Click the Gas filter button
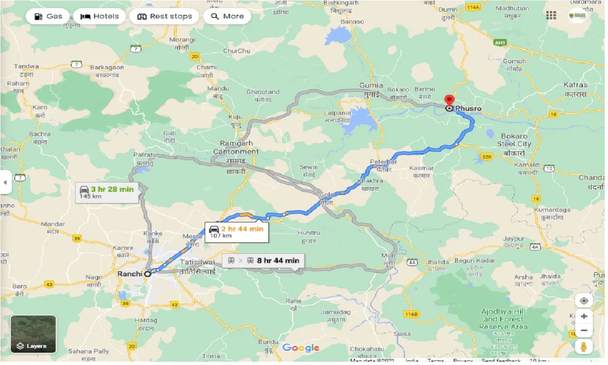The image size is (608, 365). pyautogui.click(x=47, y=16)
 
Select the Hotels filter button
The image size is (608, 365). pyautogui.click(x=99, y=16)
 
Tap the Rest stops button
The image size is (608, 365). pyautogui.click(x=164, y=16)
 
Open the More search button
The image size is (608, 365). pyautogui.click(x=227, y=16)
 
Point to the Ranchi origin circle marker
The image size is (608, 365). pyautogui.click(x=148, y=274)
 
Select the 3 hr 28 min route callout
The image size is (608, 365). pyautogui.click(x=107, y=192)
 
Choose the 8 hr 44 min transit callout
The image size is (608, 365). pyautogui.click(x=263, y=260)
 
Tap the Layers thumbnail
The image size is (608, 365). pyautogui.click(x=33, y=334)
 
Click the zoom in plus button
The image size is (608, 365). pyautogui.click(x=584, y=316)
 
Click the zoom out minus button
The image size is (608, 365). pyautogui.click(x=584, y=331)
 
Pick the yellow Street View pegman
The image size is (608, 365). pyautogui.click(x=584, y=347)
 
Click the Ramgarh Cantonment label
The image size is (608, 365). pyautogui.click(x=239, y=147)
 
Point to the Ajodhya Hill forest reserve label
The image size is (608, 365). pyautogui.click(x=503, y=319)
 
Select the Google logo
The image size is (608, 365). pyautogui.click(x=301, y=348)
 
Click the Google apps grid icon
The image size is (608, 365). pyautogui.click(x=551, y=15)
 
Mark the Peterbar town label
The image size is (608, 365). pyautogui.click(x=383, y=162)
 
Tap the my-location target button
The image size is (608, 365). pyautogui.click(x=584, y=301)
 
